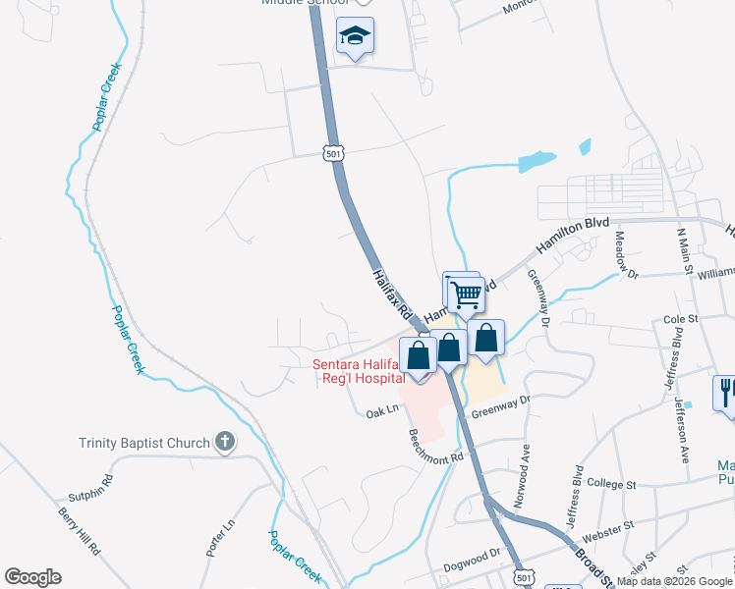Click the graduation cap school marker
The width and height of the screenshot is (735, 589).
tap(355, 38)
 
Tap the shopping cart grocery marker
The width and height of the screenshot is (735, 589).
tap(466, 294)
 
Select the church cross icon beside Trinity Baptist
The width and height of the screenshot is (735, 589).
tap(225, 442)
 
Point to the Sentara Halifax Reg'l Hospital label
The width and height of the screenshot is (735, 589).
tap(359, 372)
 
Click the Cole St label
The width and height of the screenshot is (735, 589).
tap(680, 319)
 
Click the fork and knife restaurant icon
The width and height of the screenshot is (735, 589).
tap(726, 393)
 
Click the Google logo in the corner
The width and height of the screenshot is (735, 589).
tap(32, 577)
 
